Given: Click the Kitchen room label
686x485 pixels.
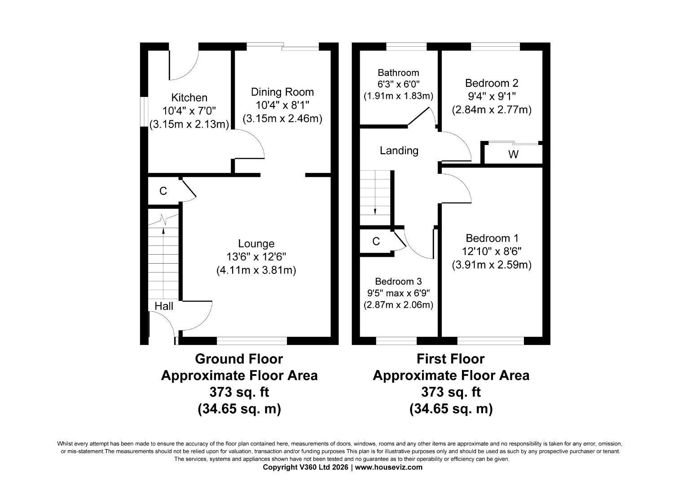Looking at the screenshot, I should click(189, 97).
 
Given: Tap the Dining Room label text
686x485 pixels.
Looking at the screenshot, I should click(282, 92).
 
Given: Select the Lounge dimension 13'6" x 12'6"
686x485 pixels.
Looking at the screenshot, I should click(256, 257).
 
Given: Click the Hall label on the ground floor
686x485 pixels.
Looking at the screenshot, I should click(164, 306).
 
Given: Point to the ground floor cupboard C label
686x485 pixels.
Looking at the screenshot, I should click(163, 191).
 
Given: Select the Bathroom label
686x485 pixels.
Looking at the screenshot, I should click(398, 73).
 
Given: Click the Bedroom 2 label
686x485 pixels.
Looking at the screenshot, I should click(491, 83).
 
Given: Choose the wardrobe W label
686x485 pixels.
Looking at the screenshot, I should click(513, 155).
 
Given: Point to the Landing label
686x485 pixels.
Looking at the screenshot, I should click(399, 150).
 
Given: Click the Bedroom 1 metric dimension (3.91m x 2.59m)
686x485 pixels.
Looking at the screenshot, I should click(491, 265).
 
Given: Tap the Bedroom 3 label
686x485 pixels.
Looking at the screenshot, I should click(398, 282).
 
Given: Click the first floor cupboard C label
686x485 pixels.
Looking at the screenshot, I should click(376, 242).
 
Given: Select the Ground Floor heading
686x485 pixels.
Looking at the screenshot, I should click(239, 359).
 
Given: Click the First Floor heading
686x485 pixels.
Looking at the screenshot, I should click(450, 359).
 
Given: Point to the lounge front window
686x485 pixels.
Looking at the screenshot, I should click(251, 341).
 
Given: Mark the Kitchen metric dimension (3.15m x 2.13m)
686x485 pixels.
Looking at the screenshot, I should click(189, 124).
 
